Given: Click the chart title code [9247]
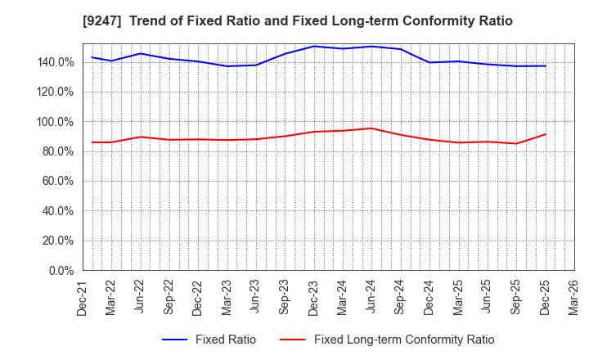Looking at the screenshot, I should pos(99,21).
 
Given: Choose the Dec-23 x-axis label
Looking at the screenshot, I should pos(313,297).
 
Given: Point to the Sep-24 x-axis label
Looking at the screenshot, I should pos(399,297).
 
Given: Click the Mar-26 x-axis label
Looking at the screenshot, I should pos(572,297).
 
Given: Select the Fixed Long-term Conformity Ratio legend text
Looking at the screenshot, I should pos(404,340).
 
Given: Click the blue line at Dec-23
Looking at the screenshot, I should pos(314,46).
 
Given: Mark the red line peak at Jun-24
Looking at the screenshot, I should pos(371,128).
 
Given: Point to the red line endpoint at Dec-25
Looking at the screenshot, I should pos(545,134).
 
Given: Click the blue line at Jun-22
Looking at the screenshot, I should pos(141,53).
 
